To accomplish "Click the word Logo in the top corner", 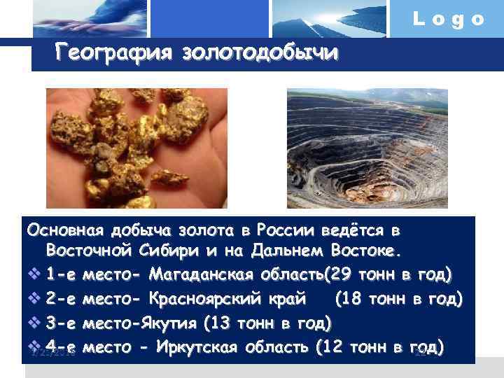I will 449,20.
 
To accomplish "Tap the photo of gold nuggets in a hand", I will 136,148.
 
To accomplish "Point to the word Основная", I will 64,230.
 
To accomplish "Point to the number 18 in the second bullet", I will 354,300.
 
